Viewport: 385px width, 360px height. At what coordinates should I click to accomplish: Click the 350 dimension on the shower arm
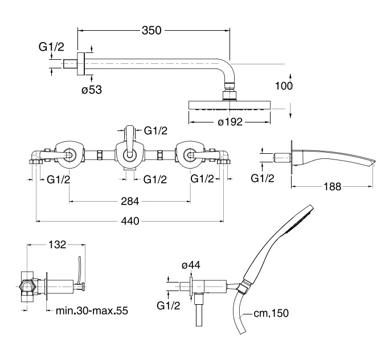click(x=151, y=30)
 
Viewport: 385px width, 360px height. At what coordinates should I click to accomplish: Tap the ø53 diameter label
click(x=92, y=90)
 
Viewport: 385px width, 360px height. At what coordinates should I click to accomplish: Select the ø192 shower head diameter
click(x=230, y=122)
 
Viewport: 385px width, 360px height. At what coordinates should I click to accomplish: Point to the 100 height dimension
click(x=284, y=86)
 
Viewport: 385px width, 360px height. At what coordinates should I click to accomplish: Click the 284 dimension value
click(x=130, y=202)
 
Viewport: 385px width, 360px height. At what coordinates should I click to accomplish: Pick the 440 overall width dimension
click(x=130, y=221)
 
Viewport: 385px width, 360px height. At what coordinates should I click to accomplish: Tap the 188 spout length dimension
click(x=332, y=187)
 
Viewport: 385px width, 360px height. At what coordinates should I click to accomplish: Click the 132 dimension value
click(x=57, y=244)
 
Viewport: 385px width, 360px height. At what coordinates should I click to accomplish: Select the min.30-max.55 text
click(x=92, y=310)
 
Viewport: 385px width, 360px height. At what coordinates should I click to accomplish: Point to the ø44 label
click(x=191, y=265)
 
